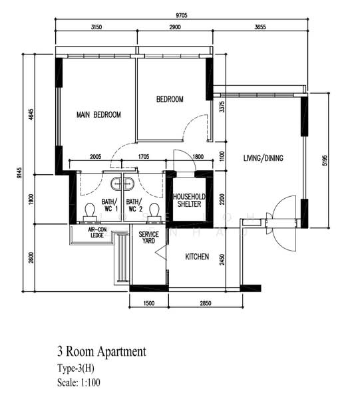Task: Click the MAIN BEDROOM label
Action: click(98, 115)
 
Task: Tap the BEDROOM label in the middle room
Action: click(170, 100)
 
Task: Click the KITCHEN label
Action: click(197, 257)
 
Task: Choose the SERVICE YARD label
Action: click(148, 237)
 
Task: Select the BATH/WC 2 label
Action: click(134, 205)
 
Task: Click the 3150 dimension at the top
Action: click(95, 27)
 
